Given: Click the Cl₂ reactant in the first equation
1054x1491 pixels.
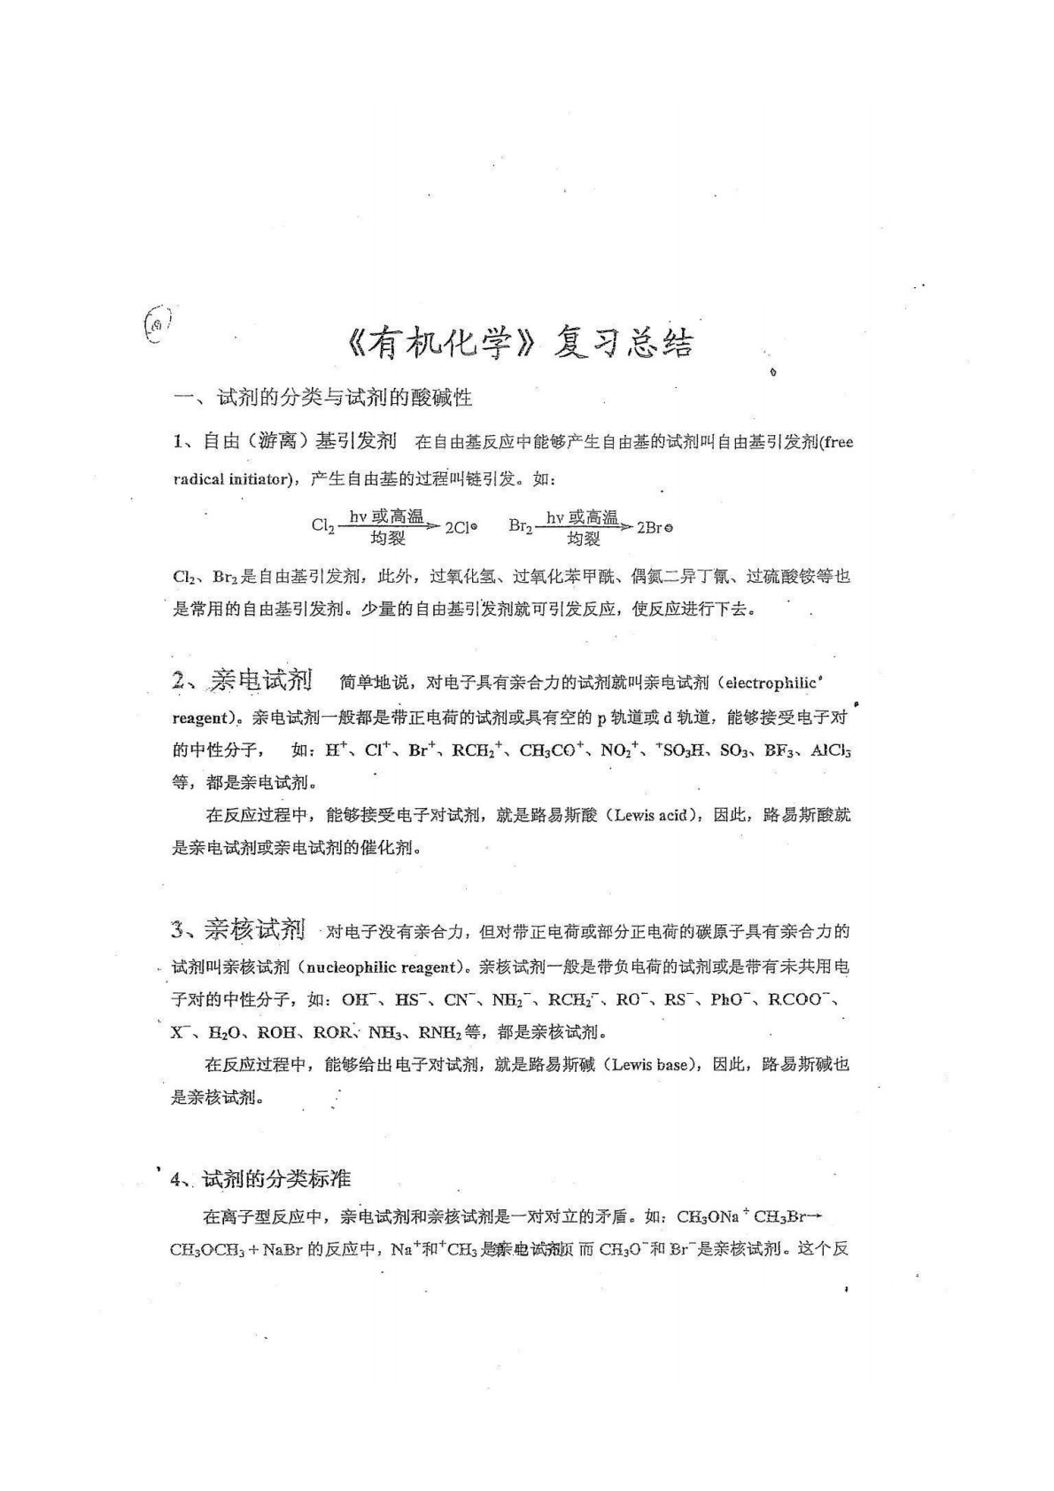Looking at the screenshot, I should [x=322, y=525].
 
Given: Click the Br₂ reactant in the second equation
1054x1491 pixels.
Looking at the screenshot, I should [x=521, y=525].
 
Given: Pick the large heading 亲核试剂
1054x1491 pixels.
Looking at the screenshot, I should [x=254, y=929].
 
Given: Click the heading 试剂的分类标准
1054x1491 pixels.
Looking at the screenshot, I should [x=276, y=1178].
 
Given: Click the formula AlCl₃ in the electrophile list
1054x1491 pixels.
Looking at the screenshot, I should [x=831, y=750].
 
